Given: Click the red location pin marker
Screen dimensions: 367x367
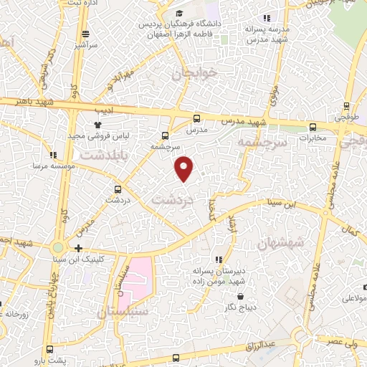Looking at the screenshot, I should click(x=184, y=168).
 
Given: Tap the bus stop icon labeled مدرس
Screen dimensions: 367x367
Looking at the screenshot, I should click(x=197, y=118).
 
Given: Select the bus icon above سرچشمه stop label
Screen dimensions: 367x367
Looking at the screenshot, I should click(x=166, y=135).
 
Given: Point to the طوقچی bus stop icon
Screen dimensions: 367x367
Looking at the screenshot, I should click(x=346, y=105).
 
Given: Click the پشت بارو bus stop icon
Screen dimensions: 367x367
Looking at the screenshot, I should click(x=49, y=349).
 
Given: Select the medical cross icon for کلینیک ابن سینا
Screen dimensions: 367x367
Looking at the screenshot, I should click(x=78, y=248).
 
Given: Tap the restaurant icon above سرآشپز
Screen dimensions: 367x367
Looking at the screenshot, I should click(x=85, y=34).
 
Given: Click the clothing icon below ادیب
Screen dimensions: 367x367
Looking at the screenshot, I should click(x=98, y=123).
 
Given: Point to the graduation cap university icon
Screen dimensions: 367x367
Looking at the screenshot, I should click(x=179, y=13).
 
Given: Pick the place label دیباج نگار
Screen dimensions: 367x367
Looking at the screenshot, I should click(x=240, y=308).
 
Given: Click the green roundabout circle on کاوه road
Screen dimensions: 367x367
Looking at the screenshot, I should click(x=57, y=248).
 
